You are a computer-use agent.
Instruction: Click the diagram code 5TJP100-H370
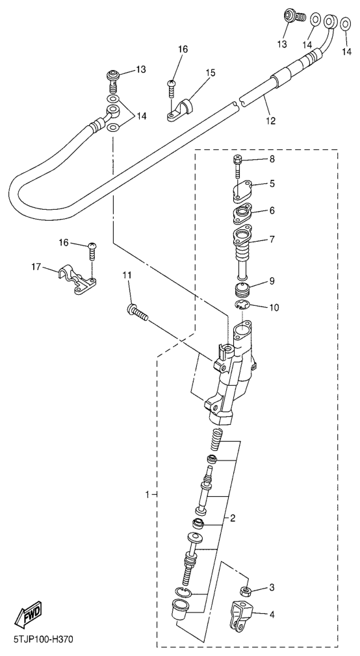(44, 640)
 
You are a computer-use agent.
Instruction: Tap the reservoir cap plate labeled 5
(241, 190)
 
